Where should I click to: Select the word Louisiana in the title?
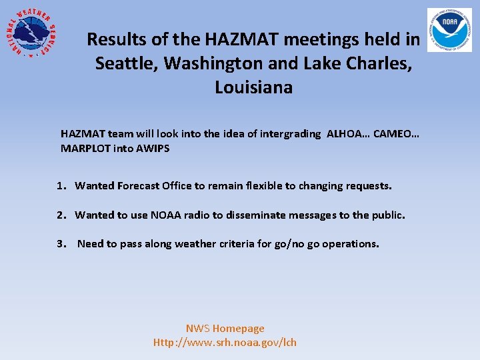click(x=253, y=87)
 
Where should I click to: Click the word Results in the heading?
click(x=117, y=40)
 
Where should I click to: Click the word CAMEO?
click(x=396, y=133)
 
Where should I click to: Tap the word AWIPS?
click(x=153, y=148)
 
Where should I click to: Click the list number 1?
click(x=61, y=186)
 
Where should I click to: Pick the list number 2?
click(x=61, y=215)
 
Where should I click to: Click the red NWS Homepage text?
click(x=225, y=328)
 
